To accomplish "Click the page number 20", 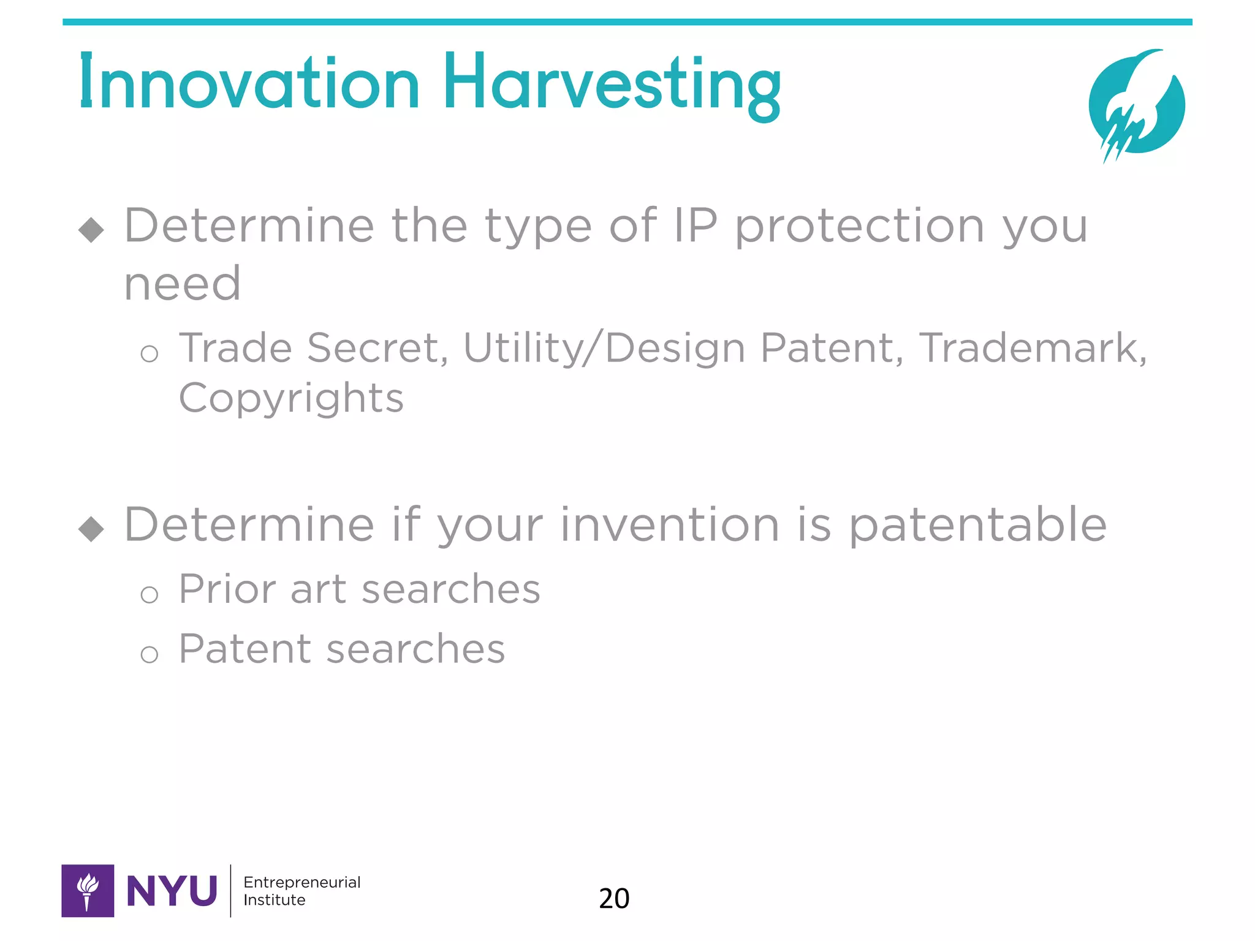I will (613, 899).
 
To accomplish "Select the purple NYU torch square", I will (88, 891).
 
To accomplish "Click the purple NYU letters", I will (172, 891).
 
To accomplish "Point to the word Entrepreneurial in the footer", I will (301, 882).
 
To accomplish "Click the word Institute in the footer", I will (274, 900).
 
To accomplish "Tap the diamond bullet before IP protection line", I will (91, 230).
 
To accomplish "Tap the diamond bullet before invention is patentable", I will (91, 529).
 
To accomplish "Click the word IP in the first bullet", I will (695, 225).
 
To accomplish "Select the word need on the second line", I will (182, 284).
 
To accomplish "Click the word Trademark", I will (1032, 348).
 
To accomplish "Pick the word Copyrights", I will (291, 399).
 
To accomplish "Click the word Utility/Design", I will (604, 348).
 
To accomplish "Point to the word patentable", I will (977, 526).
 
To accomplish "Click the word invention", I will (669, 525).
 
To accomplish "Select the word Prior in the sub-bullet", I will (227, 589).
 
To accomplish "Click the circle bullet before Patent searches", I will (149, 655).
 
